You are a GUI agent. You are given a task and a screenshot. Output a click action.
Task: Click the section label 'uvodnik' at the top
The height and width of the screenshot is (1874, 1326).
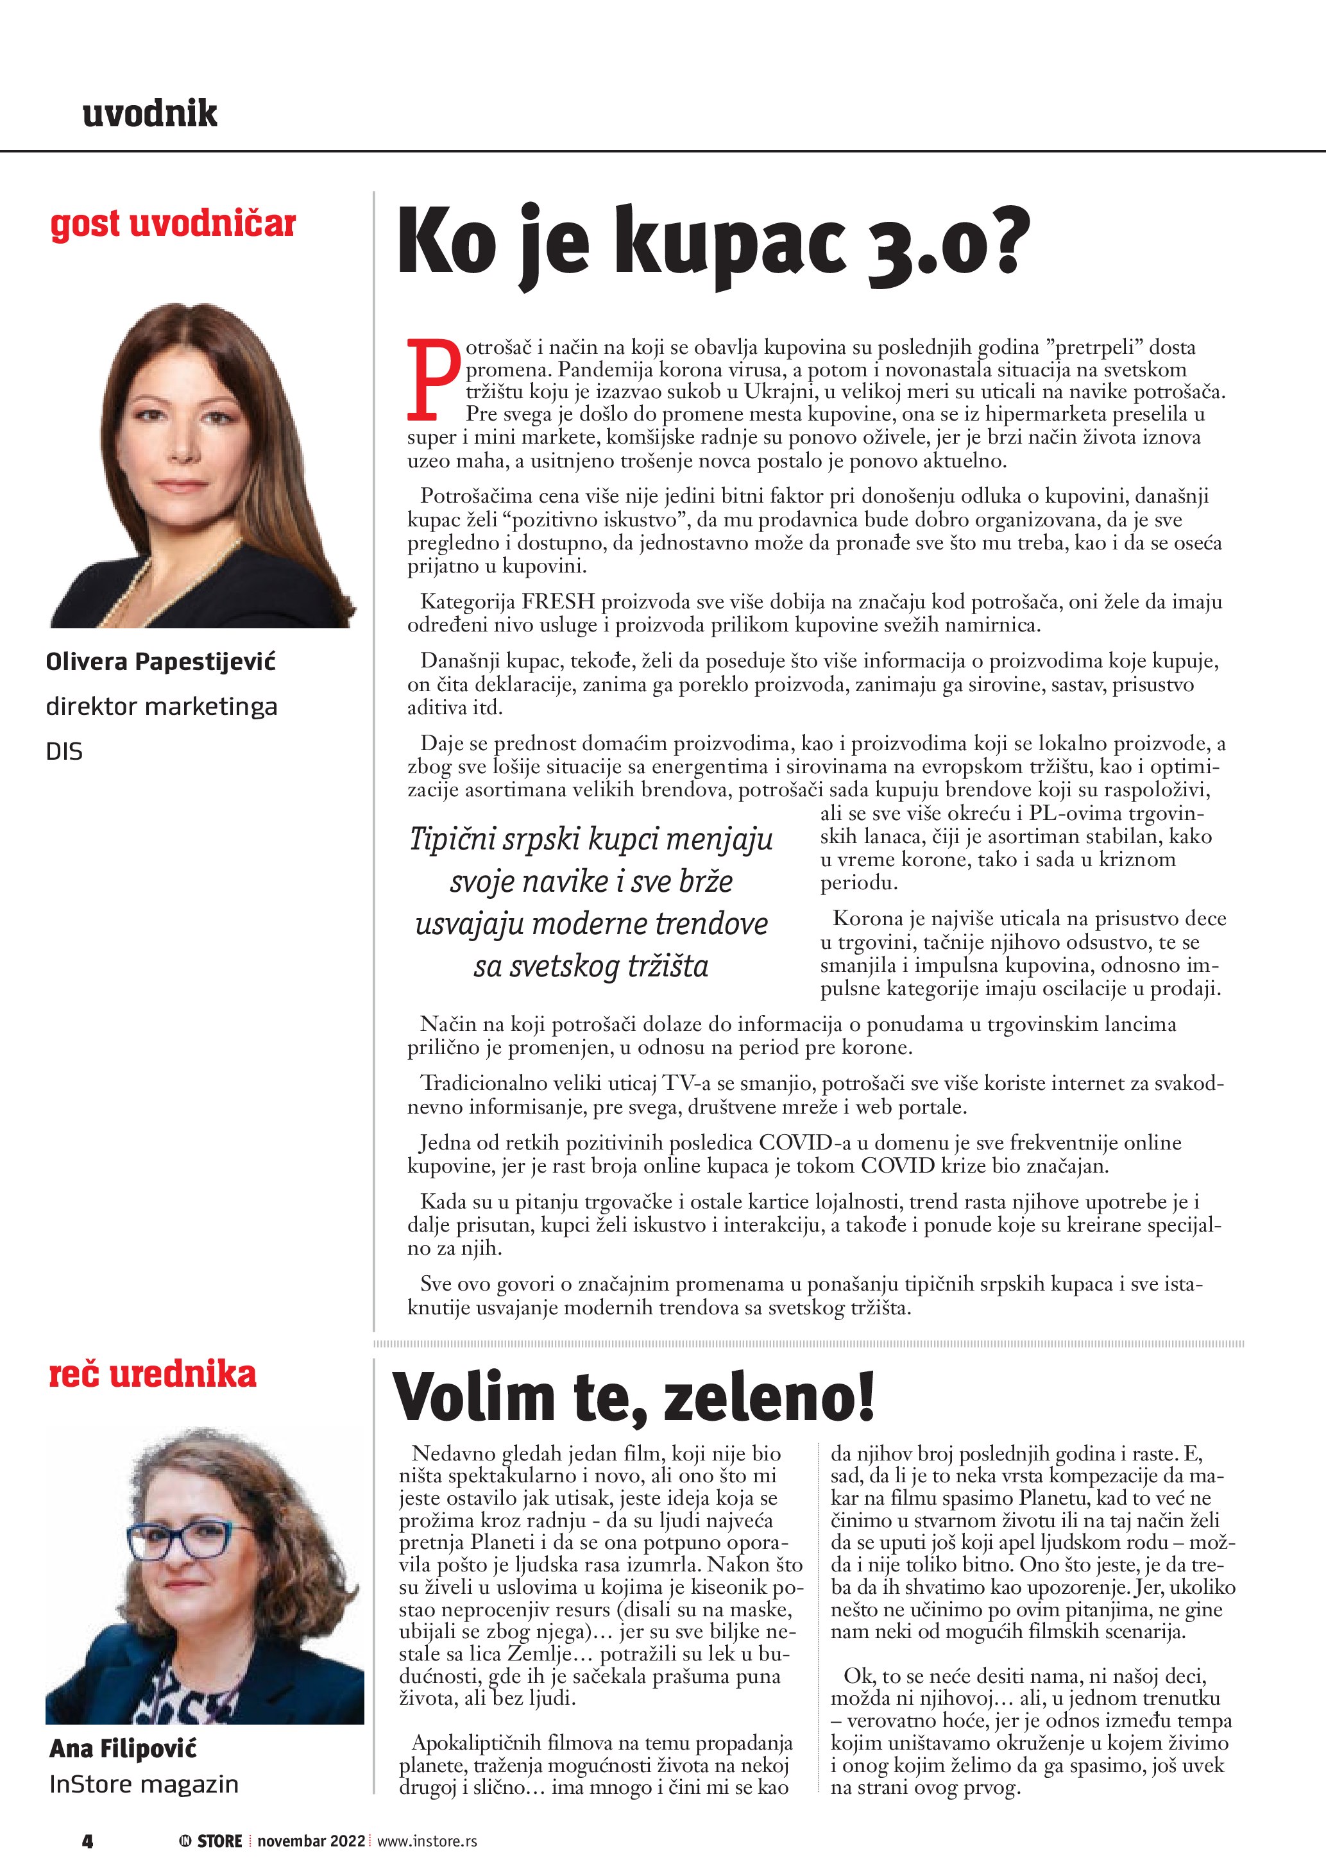click(149, 113)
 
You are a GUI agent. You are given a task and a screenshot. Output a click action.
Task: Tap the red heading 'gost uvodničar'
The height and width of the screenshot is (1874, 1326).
click(173, 224)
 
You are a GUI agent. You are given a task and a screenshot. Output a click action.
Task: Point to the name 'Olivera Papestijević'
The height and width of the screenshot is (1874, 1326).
click(161, 661)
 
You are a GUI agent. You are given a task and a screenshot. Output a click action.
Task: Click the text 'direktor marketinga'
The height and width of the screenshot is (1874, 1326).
click(162, 706)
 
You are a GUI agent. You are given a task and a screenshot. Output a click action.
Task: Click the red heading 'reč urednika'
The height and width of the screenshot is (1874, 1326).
click(153, 1375)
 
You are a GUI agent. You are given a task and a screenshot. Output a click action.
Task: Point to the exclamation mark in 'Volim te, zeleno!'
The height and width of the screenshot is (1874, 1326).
click(864, 1396)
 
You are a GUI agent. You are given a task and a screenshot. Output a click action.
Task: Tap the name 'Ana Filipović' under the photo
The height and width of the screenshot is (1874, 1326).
click(123, 1748)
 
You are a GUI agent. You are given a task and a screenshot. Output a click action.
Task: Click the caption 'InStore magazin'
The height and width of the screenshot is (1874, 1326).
click(144, 1784)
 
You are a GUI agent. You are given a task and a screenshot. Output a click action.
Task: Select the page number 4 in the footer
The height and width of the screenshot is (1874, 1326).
click(87, 1841)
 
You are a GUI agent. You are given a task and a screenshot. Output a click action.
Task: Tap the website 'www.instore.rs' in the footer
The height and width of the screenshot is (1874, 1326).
click(427, 1841)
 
